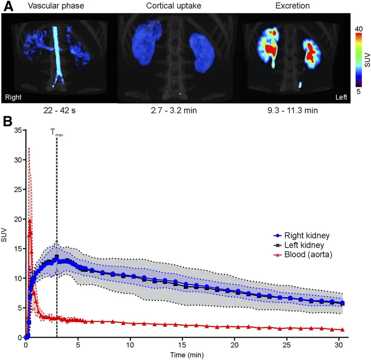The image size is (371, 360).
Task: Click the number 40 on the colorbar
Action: point(358,29)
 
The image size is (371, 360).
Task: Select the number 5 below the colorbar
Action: point(358,92)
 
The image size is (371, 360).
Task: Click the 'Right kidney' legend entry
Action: point(311,235)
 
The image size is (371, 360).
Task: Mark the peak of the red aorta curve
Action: point(30,221)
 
